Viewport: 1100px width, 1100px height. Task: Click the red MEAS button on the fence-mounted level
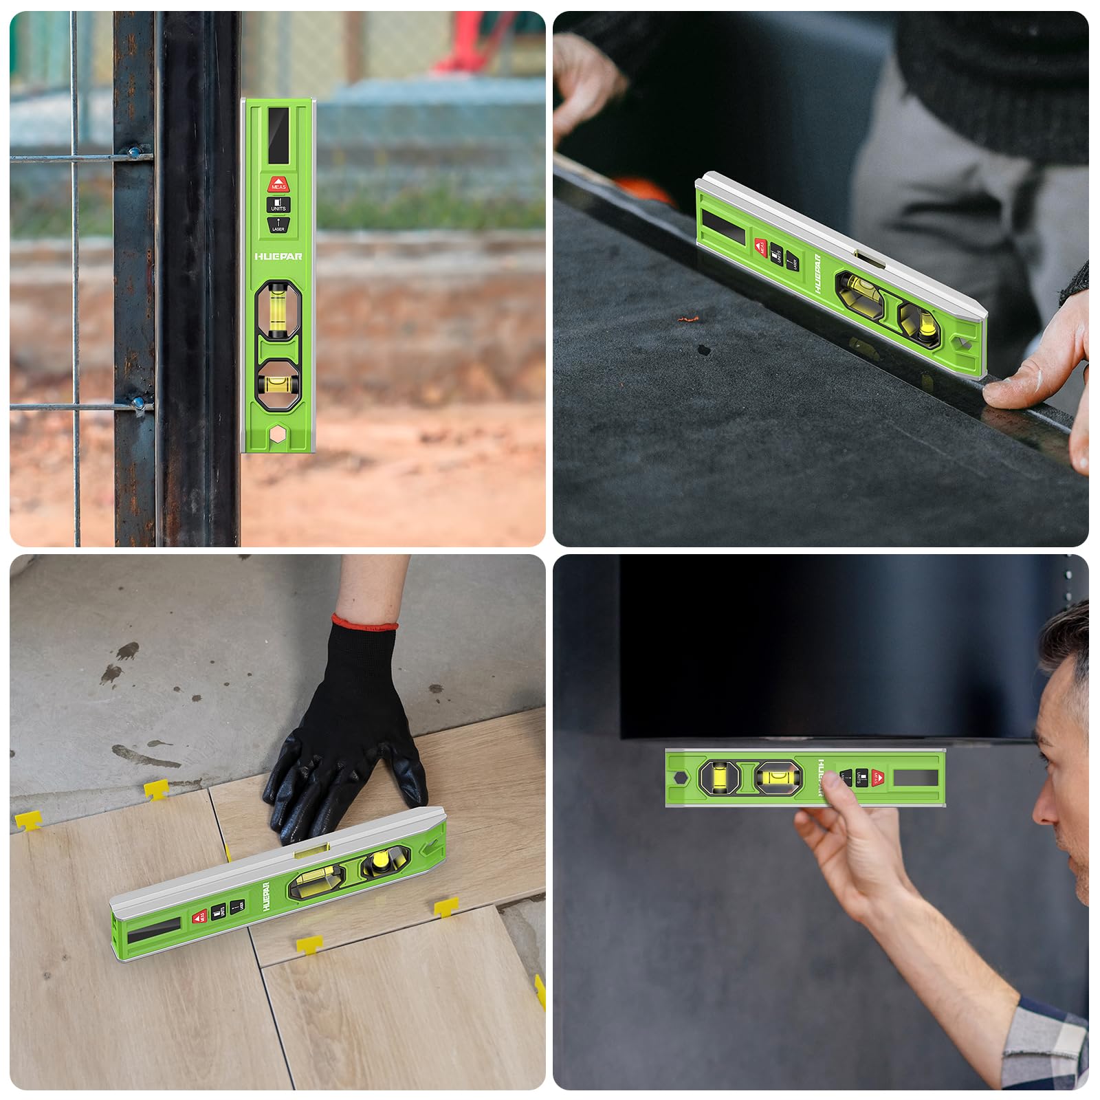point(278,184)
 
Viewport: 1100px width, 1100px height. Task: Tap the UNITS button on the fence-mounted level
point(278,204)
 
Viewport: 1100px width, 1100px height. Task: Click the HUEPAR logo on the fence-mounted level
point(278,256)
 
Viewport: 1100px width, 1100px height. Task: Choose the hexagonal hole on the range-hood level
point(678,778)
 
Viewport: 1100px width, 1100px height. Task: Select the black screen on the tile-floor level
point(155,931)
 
